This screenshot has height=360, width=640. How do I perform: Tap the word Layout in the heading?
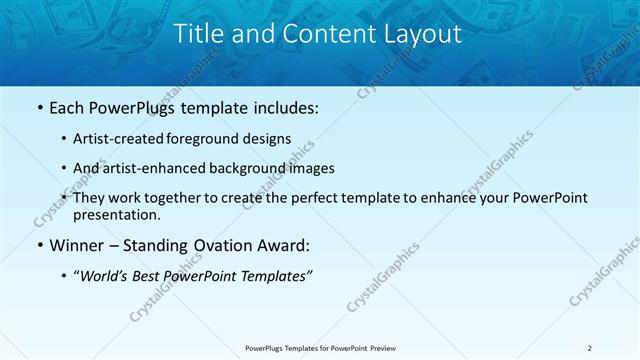(x=421, y=34)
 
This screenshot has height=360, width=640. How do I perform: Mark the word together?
(x=194, y=198)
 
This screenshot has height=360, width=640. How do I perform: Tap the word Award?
(x=281, y=245)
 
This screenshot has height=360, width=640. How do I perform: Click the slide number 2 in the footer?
(x=590, y=348)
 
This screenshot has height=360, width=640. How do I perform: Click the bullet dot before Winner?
(x=38, y=245)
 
